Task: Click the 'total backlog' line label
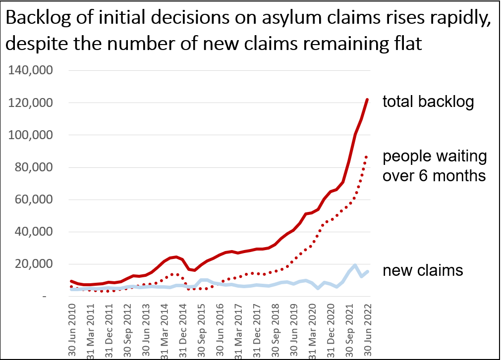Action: [x=428, y=102]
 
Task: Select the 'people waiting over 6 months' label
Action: [x=435, y=166]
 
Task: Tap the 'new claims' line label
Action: [x=423, y=270]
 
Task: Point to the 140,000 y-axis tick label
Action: [x=30, y=70]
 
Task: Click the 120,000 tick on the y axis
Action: [x=30, y=103]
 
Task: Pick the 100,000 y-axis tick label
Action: [x=30, y=135]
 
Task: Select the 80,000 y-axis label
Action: [x=34, y=167]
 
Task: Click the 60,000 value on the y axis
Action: [x=34, y=199]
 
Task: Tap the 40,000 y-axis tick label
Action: [x=34, y=231]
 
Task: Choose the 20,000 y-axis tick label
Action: [x=34, y=263]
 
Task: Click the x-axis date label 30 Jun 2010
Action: [x=72, y=330]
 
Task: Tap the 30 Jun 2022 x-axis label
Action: [x=368, y=330]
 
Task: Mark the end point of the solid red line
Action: [x=367, y=100]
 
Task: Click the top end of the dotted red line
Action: [x=367, y=156]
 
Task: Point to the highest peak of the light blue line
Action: [x=355, y=265]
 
